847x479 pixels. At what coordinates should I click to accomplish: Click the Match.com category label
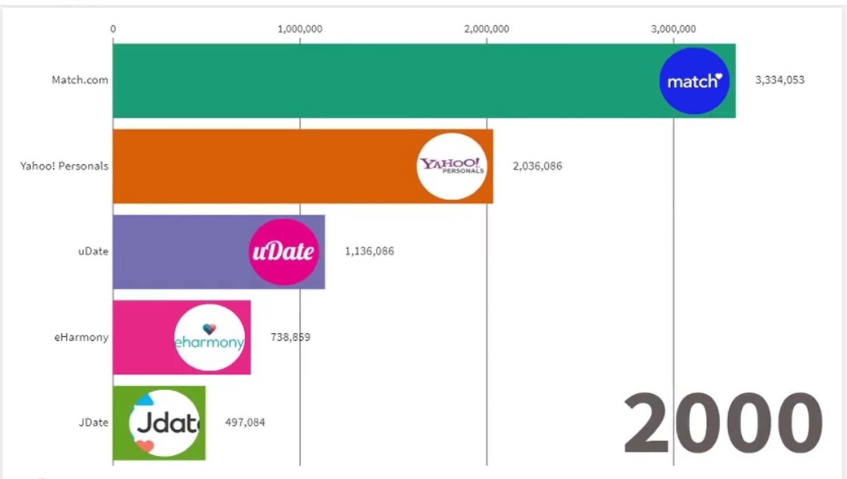pos(80,80)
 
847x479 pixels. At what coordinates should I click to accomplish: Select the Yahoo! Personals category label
pos(64,166)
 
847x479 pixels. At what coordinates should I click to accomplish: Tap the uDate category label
pos(93,251)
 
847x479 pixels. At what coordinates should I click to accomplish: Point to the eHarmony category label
pos(81,338)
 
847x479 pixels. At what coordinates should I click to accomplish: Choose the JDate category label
pos(93,423)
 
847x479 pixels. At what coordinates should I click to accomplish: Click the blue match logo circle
pos(694,81)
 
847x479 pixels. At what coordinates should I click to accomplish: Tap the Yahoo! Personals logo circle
pos(452,166)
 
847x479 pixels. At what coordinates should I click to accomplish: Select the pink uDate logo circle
pos(284,251)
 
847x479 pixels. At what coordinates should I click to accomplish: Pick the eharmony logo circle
pos(209,338)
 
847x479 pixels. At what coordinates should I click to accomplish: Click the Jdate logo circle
pos(165,423)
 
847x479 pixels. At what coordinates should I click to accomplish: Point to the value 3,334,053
pos(779,80)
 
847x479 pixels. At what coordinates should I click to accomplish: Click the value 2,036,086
pos(537,166)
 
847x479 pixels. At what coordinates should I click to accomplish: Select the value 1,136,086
pos(369,251)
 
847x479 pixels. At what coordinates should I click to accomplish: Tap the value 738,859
pos(290,338)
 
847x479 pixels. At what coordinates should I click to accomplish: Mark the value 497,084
pos(245,423)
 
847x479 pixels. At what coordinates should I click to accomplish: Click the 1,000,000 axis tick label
pos(300,29)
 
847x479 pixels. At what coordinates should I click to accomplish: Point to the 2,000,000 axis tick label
pos(487,29)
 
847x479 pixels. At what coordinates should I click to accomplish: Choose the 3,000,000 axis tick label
pos(673,29)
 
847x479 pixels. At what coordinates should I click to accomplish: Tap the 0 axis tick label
pos(113,29)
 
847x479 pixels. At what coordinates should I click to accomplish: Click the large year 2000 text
pos(723,423)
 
